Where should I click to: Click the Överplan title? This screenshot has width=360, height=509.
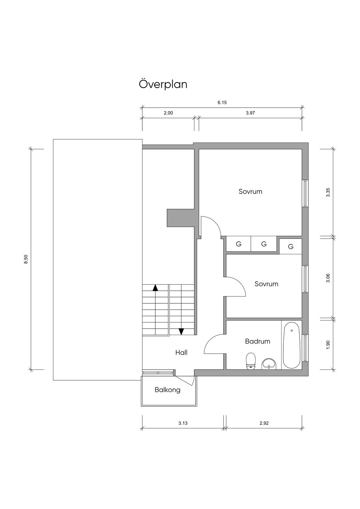163,84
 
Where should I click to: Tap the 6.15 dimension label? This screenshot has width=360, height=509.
222,103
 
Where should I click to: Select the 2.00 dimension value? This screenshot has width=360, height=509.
168,113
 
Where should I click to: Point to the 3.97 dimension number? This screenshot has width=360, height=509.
250,113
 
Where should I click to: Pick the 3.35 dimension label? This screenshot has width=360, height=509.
328,193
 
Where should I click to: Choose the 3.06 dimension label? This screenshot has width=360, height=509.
328,278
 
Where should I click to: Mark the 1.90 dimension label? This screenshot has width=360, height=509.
328,345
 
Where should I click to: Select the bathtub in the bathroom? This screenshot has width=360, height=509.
291,345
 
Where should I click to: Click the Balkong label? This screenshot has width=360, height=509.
167,390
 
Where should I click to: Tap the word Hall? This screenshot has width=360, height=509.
181,353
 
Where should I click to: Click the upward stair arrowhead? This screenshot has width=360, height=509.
155,288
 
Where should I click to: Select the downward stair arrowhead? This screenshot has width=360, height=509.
181,332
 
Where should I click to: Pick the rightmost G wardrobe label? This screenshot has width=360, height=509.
291,246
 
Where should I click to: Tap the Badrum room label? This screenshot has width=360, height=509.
257,341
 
